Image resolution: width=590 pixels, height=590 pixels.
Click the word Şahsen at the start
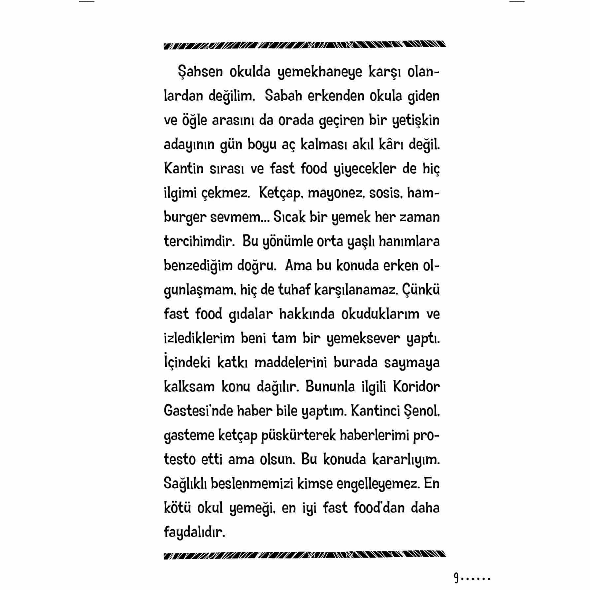200,72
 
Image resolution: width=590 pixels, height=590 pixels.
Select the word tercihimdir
199,242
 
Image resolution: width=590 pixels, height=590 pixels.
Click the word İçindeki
187,362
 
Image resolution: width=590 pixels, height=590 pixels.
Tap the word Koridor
416,387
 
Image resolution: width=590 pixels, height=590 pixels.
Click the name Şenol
422,411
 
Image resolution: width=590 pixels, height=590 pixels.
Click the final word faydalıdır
194,532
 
